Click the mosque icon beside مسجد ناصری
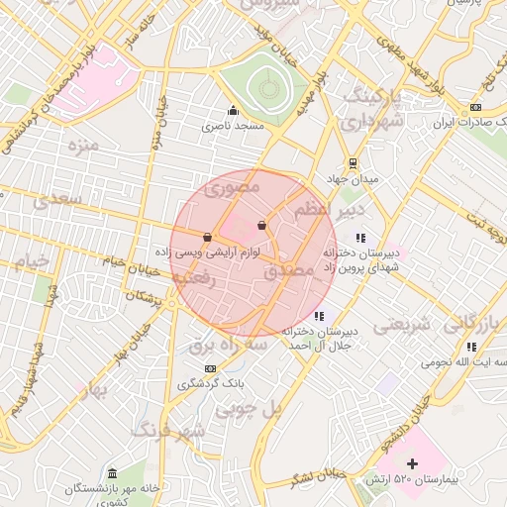(233, 110)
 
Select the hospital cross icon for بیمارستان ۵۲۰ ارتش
(413, 463)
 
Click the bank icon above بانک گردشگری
(209, 368)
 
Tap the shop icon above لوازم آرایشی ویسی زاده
(207, 238)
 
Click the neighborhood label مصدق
(289, 270)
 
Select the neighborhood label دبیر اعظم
(331, 211)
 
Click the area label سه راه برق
(229, 345)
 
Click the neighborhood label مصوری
(232, 185)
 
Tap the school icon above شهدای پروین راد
(360, 238)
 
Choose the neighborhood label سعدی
(54, 201)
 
